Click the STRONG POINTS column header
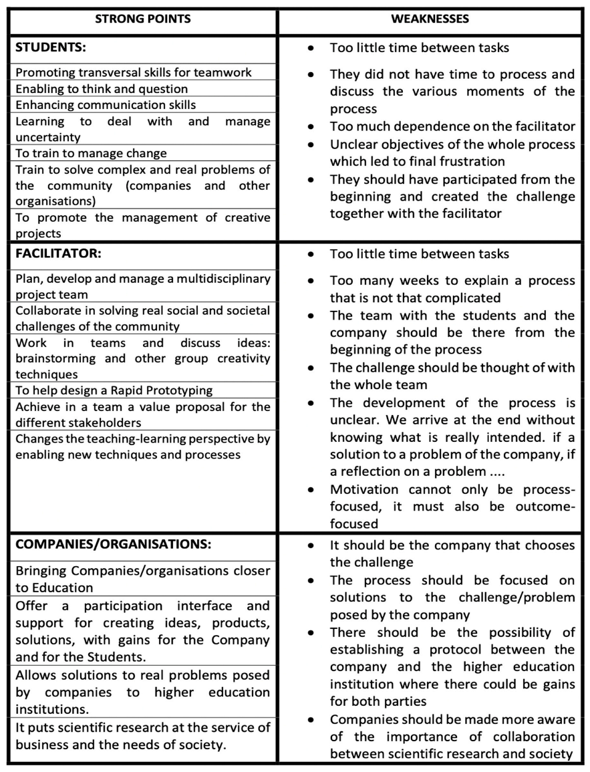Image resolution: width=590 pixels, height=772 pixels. [142, 19]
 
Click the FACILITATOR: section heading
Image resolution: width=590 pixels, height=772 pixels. [59, 255]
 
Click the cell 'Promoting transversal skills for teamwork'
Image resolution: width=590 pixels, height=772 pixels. [134, 72]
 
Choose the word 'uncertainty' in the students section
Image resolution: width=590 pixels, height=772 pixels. [47, 137]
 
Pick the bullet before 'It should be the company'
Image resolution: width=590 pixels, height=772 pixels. [311, 546]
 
